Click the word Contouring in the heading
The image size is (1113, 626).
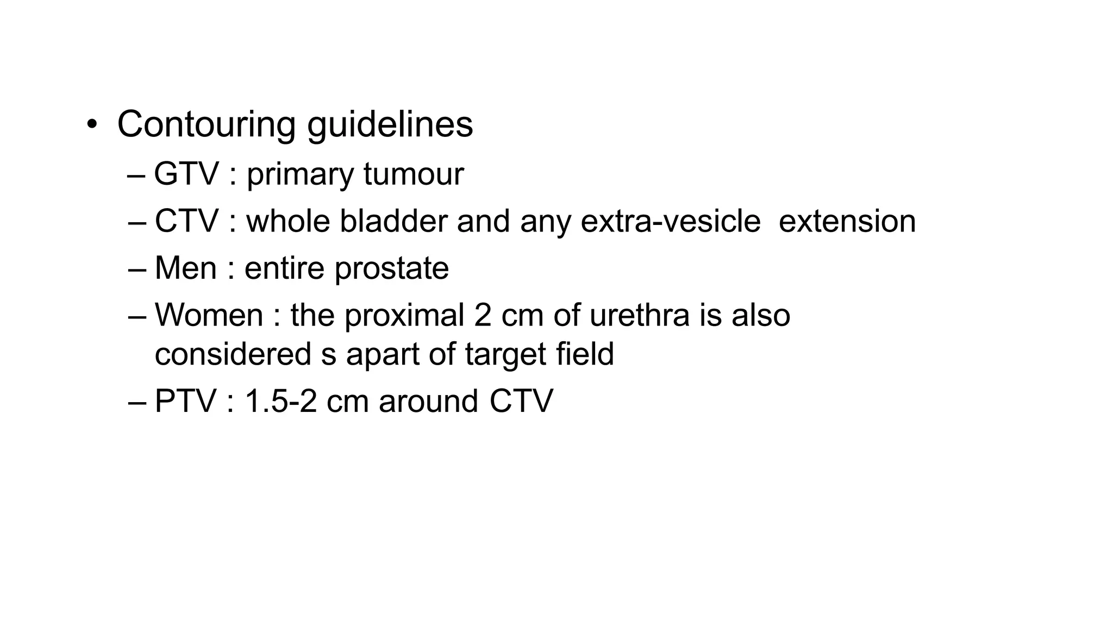pos(206,124)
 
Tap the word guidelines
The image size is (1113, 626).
pos(390,124)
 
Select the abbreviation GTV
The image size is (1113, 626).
pos(186,174)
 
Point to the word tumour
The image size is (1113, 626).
pos(414,174)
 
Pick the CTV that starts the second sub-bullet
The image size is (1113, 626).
pos(186,221)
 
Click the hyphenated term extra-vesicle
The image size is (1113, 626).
pos(670,221)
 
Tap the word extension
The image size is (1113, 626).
pos(847,221)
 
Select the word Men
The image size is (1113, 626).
pos(185,268)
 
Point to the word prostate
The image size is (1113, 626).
pos(391,269)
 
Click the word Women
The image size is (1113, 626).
pos(209,315)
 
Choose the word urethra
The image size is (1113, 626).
pos(639,315)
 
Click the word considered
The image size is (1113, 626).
pos(233,354)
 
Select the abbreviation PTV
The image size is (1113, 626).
pos(185,402)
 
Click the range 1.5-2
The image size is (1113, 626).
pos(280,402)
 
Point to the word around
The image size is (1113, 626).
pos(428,402)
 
